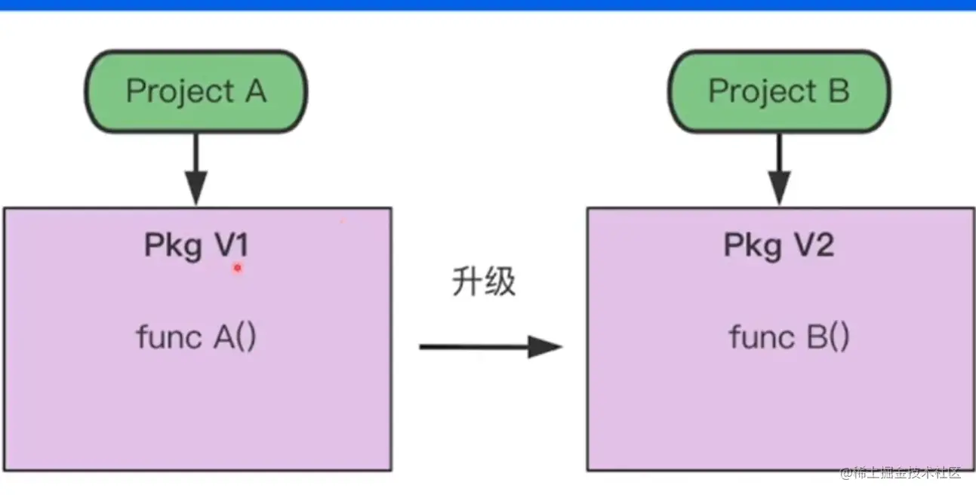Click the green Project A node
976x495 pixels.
[x=196, y=91]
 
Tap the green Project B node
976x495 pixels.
[x=779, y=91]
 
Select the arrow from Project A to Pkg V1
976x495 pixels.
[x=196, y=169]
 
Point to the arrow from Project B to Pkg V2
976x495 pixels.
[x=779, y=169]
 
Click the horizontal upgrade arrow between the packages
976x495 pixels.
[x=491, y=347]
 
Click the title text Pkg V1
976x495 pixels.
[x=196, y=246]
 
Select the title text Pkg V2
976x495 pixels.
[x=779, y=246]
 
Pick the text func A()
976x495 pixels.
[x=196, y=337]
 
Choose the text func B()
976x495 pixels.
[x=789, y=337]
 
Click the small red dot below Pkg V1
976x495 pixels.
[x=238, y=268]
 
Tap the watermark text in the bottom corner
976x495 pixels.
[x=901, y=473]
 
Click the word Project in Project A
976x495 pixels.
[x=180, y=92]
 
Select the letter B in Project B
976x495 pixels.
[x=839, y=91]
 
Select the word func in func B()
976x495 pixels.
[x=762, y=336]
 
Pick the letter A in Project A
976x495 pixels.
[x=256, y=91]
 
